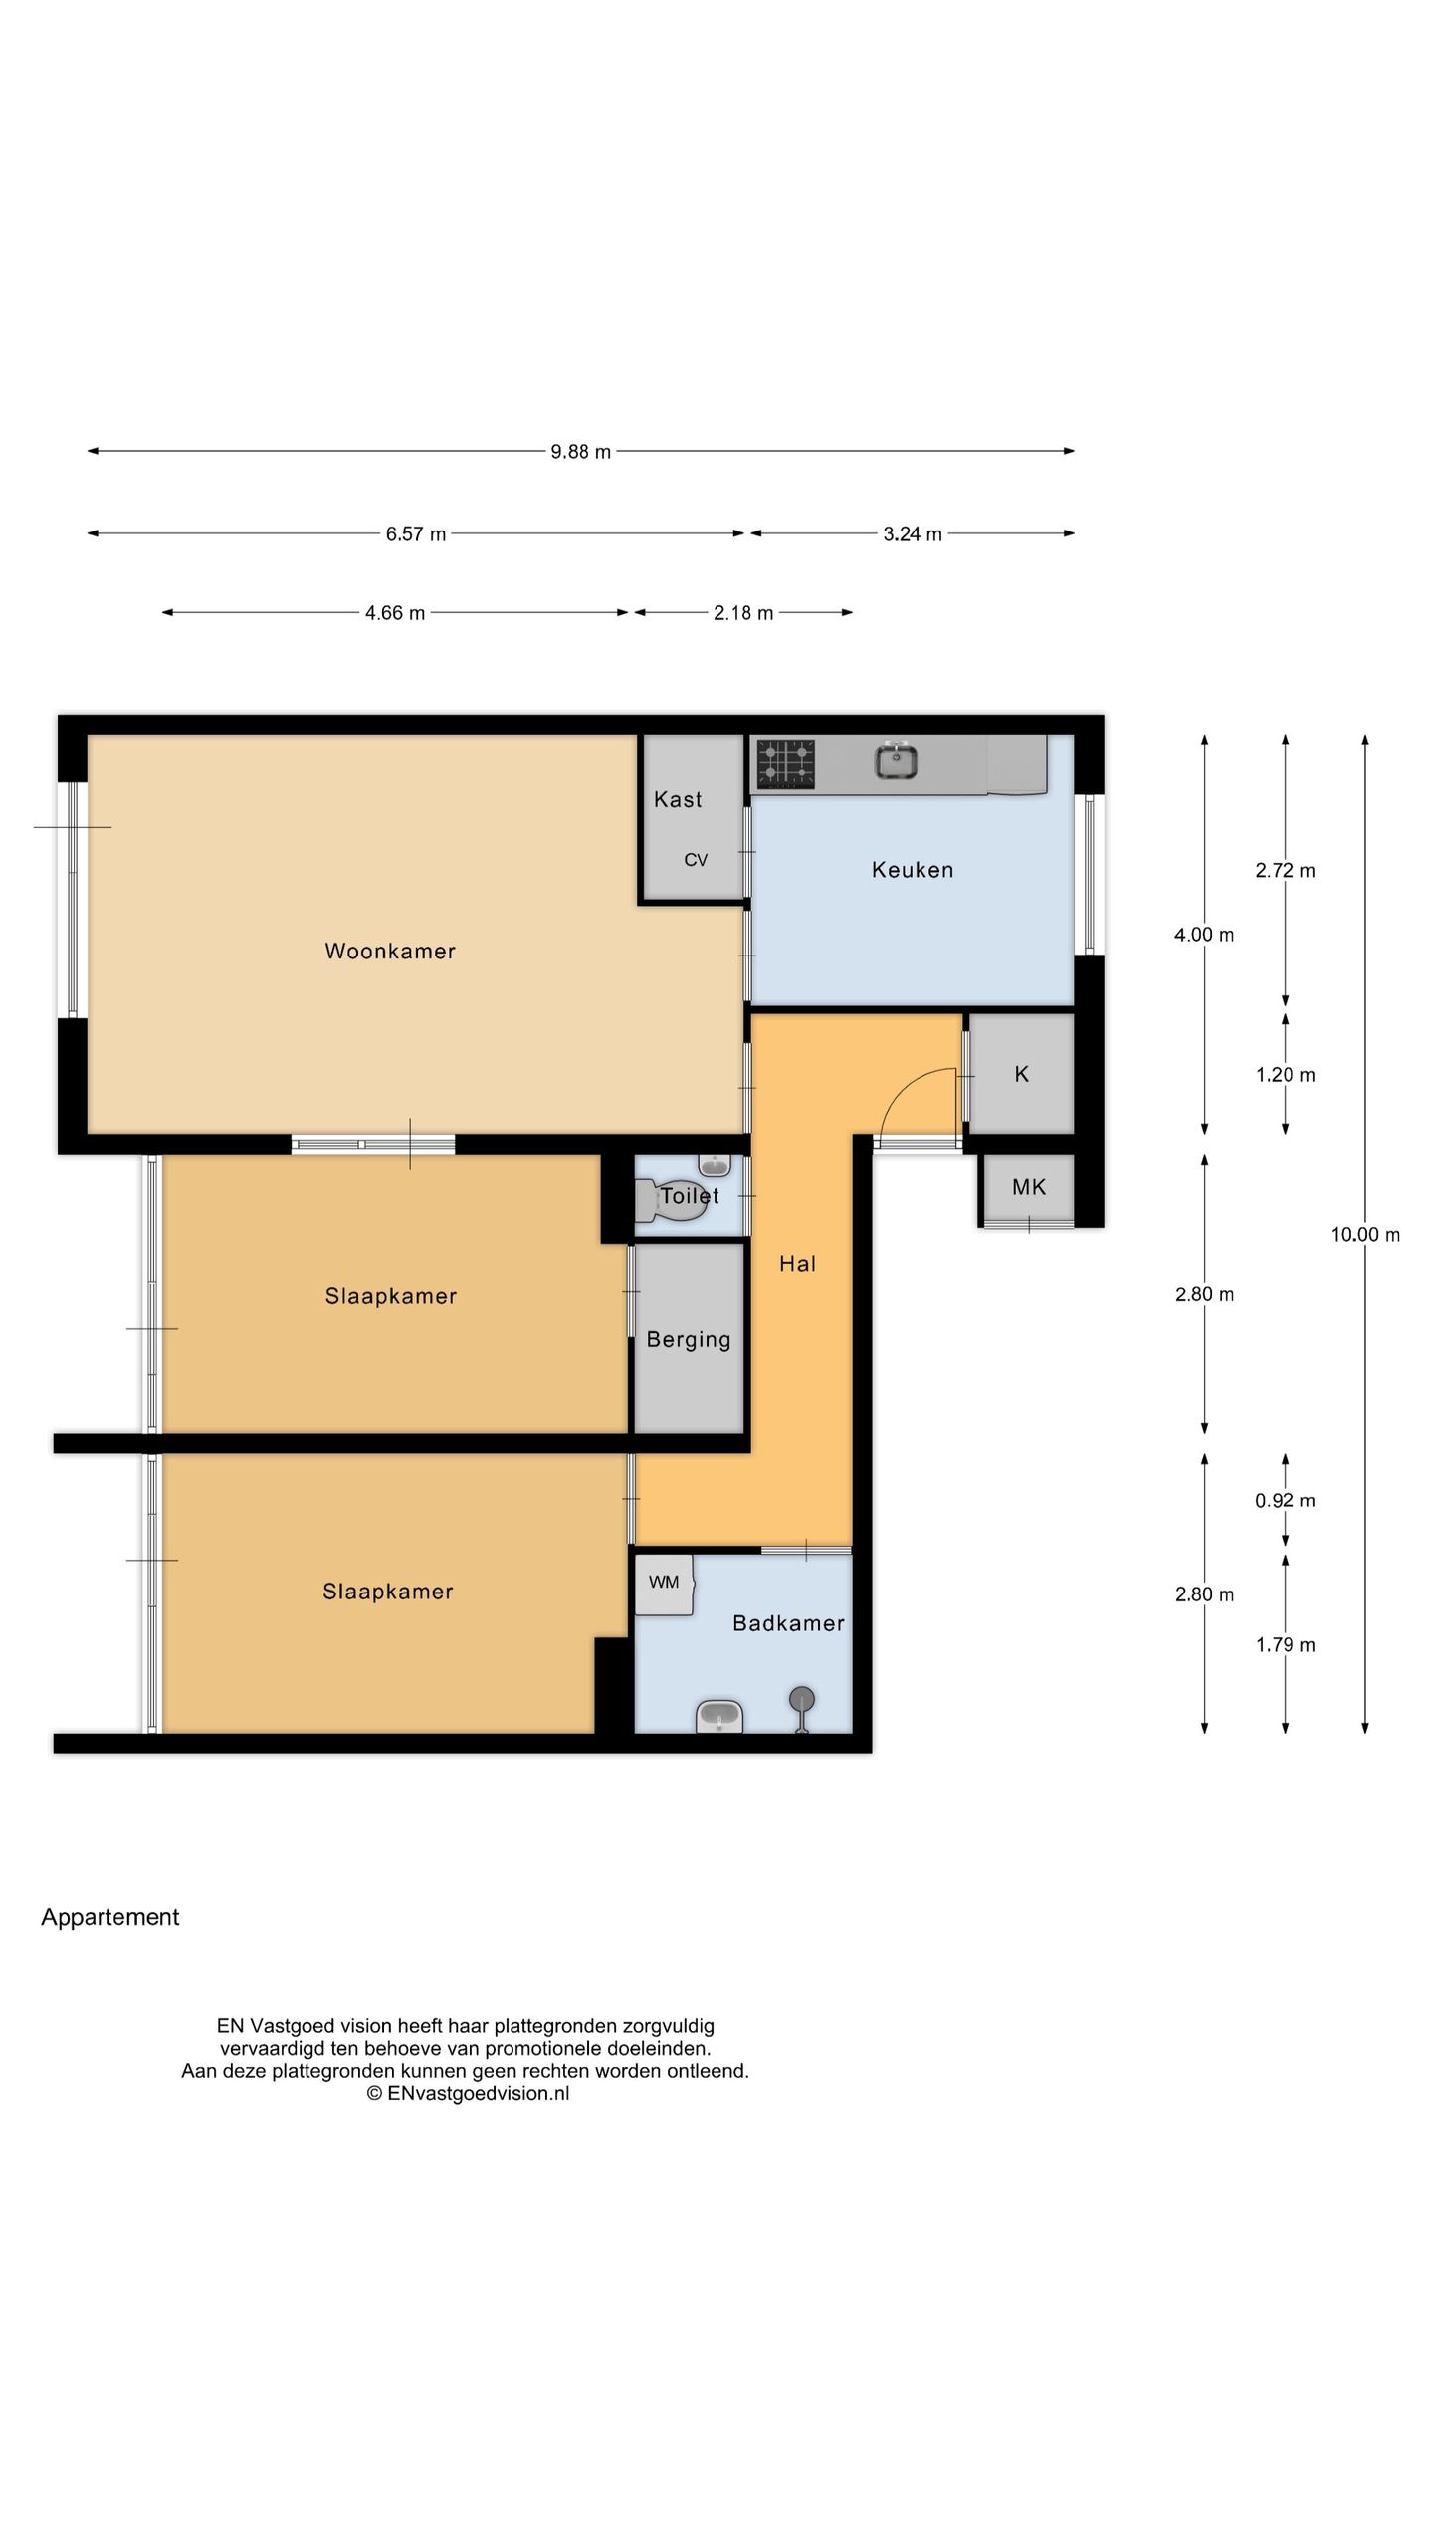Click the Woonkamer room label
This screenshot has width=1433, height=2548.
click(390, 951)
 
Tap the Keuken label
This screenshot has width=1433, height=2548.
click(913, 870)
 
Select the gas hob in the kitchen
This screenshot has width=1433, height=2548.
click(786, 763)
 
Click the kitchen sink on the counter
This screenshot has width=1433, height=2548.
click(896, 761)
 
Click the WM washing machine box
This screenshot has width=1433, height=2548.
click(664, 1583)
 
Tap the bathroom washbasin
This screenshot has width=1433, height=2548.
click(718, 1716)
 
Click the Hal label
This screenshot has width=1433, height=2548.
click(797, 1264)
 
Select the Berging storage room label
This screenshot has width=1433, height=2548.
click(689, 1340)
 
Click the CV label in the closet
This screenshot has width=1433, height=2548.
click(696, 860)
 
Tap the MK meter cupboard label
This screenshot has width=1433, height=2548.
click(1029, 1187)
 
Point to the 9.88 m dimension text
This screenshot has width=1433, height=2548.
click(581, 452)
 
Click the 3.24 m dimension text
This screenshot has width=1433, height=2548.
click(913, 534)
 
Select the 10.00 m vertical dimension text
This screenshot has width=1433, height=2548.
click(1365, 1235)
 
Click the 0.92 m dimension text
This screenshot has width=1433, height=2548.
click(1285, 1501)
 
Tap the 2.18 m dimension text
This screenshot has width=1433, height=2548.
click(743, 613)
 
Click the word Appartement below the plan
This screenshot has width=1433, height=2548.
click(110, 1918)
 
